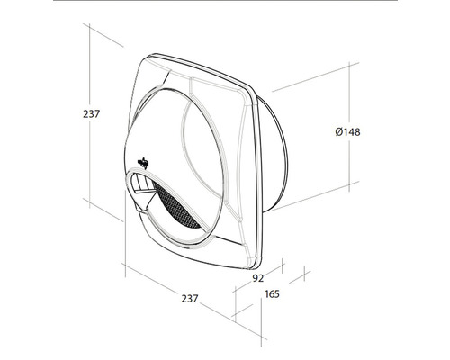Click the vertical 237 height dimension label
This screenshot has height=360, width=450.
click(88, 114)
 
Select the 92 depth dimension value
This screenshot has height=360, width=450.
click(256, 279)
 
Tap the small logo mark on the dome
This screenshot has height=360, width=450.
click(143, 163)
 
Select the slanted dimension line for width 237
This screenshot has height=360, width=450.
click(180, 279)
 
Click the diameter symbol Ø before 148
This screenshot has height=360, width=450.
click(337, 132)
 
